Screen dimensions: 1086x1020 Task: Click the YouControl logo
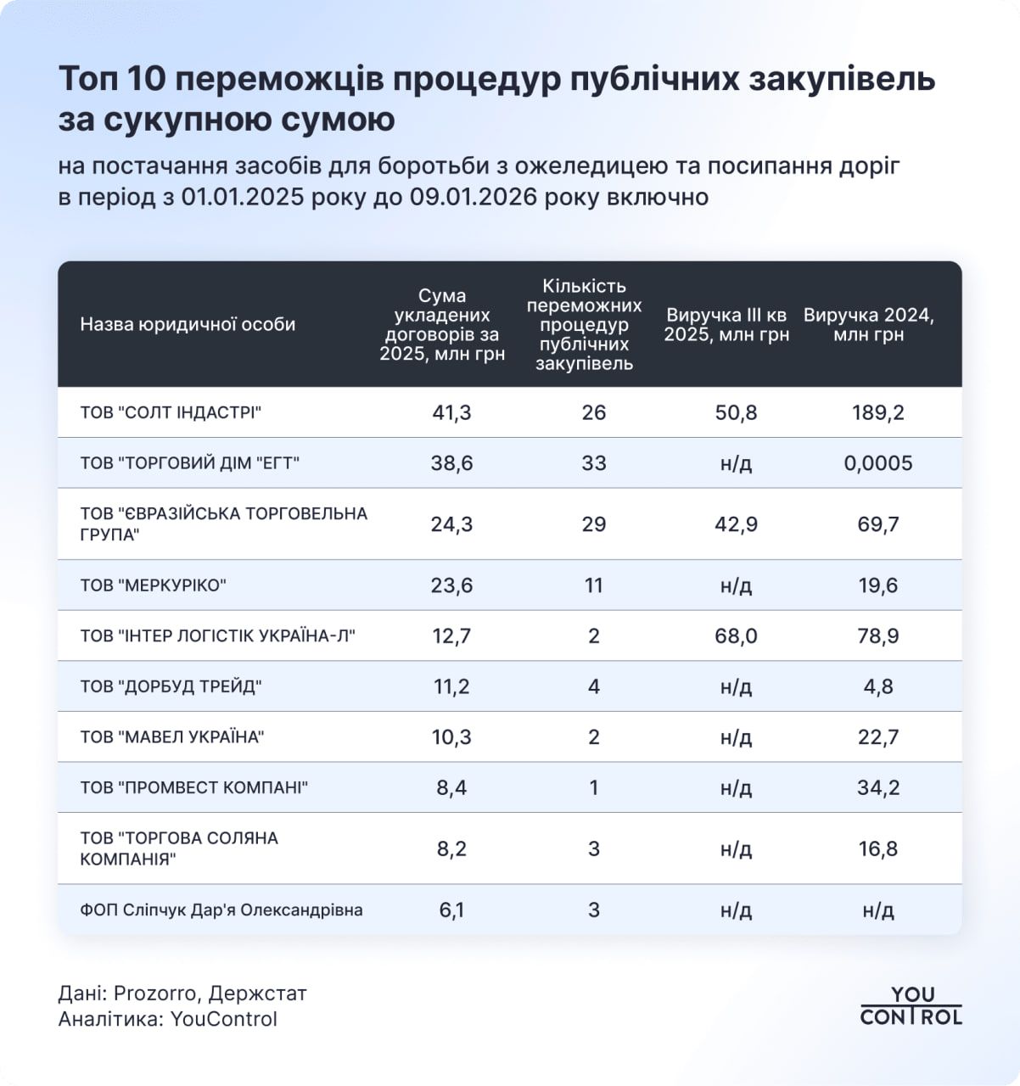[x=911, y=1005]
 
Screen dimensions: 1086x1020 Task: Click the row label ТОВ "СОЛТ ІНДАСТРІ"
[x=171, y=413]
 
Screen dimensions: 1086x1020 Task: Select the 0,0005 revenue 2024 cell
[x=877, y=463]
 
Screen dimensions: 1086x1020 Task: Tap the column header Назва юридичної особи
[x=188, y=324]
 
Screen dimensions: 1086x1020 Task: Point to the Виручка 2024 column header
[x=868, y=325]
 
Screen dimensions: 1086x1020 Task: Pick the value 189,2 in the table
[x=877, y=413]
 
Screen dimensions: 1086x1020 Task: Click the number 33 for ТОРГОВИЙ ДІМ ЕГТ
[x=593, y=463]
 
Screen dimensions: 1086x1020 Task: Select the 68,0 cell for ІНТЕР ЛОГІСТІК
[x=736, y=636]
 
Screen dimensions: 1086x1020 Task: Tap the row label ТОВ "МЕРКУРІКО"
[x=153, y=585]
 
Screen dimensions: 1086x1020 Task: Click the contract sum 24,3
[x=451, y=524]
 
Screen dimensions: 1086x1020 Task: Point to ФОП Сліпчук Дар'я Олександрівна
[x=221, y=910]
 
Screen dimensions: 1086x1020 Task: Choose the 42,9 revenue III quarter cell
[x=736, y=524]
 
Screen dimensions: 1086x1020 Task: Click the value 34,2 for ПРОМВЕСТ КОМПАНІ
[x=877, y=787]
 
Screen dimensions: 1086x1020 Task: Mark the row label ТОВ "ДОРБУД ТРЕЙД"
[x=171, y=686]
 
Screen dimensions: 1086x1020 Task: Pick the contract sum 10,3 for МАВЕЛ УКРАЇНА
[x=451, y=737]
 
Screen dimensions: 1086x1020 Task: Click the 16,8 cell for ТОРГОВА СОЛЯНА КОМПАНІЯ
[x=877, y=849]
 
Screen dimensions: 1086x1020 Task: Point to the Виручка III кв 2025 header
[x=726, y=325]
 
